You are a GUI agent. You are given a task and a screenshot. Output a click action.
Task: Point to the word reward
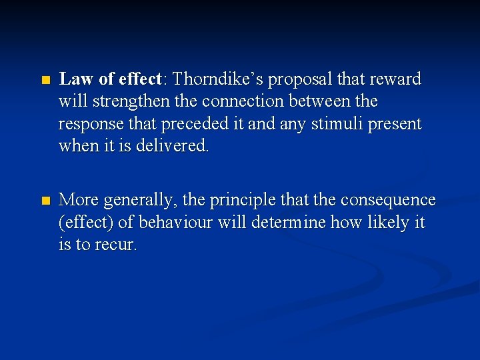click(395, 79)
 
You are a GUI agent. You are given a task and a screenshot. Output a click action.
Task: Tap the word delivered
click(173, 147)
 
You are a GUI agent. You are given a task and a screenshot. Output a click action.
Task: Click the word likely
click(389, 222)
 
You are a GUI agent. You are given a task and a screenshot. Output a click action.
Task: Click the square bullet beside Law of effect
click(45, 80)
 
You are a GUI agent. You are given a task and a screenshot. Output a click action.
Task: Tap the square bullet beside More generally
click(45, 201)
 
